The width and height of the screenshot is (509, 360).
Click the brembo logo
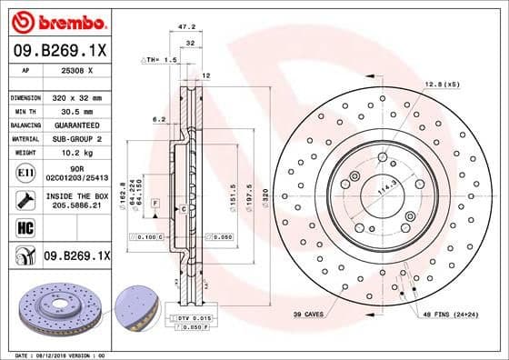coord(58,21)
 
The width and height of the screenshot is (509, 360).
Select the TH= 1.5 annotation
coord(162,59)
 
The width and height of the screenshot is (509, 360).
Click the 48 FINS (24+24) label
coord(451,315)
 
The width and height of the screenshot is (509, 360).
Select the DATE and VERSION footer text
coord(55,355)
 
